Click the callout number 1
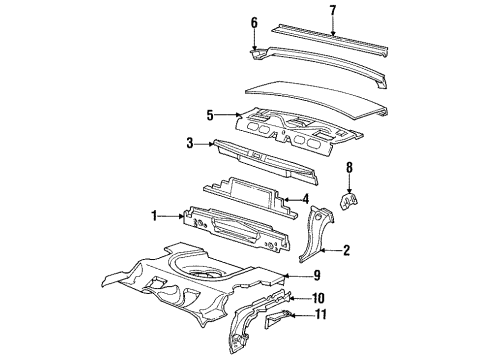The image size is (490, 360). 155,213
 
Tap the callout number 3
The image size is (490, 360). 189,144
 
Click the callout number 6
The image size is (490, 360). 254,22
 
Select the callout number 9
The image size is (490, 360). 316,275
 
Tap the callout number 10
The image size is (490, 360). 320,297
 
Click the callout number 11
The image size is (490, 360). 320,316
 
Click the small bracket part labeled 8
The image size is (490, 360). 347,202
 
